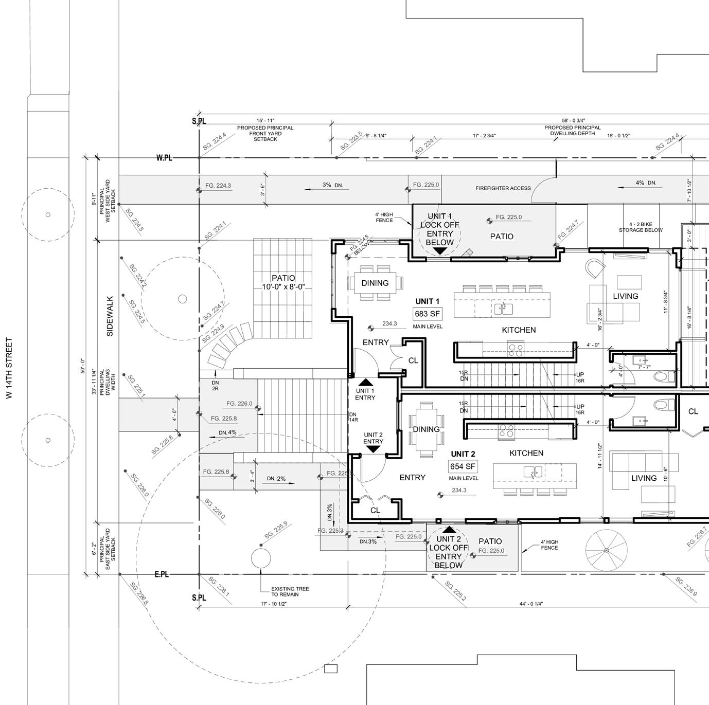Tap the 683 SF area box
(427, 314)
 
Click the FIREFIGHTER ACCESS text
(503, 188)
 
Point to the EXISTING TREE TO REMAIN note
(290, 591)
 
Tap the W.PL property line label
(164, 158)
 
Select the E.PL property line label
(162, 574)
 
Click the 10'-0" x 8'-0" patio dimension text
(283, 287)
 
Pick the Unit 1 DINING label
(375, 283)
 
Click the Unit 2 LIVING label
(644, 478)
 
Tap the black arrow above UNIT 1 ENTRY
(365, 382)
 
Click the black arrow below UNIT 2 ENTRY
(373, 449)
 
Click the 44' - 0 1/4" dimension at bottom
(531, 604)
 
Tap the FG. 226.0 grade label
(239, 404)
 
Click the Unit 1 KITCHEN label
(519, 330)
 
